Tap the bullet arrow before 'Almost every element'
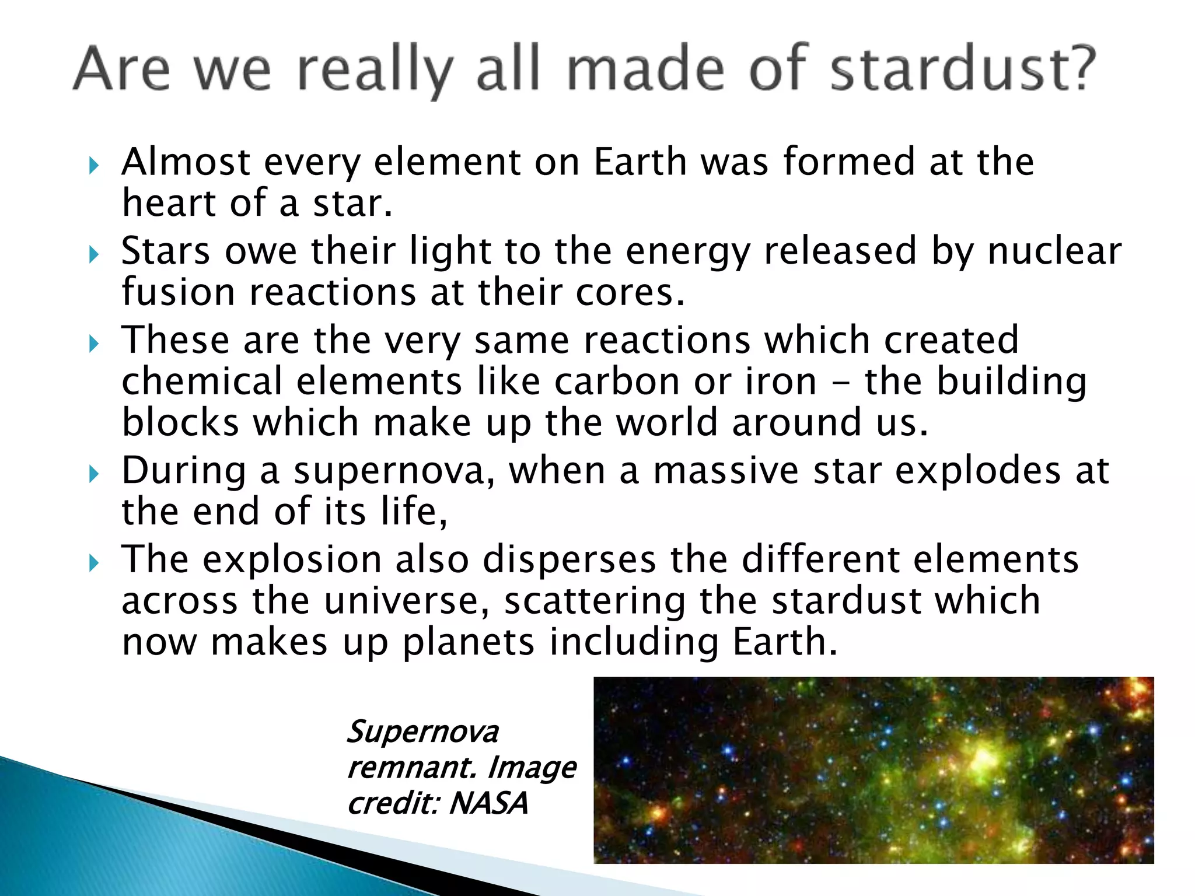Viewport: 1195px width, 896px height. [x=94, y=166]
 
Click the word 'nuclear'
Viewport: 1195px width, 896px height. [x=1054, y=251]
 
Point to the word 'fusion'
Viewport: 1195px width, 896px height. [x=178, y=292]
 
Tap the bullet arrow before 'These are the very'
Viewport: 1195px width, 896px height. [x=94, y=344]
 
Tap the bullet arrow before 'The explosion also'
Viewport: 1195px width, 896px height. [x=94, y=563]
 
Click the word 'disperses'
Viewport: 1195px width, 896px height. [x=569, y=560]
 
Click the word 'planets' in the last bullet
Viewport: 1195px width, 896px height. [x=468, y=643]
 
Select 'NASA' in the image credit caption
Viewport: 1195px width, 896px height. [x=489, y=803]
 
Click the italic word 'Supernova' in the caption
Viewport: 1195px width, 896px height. [x=423, y=733]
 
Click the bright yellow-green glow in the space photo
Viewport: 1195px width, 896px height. [x=983, y=758]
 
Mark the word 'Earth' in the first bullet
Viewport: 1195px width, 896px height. [x=640, y=162]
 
